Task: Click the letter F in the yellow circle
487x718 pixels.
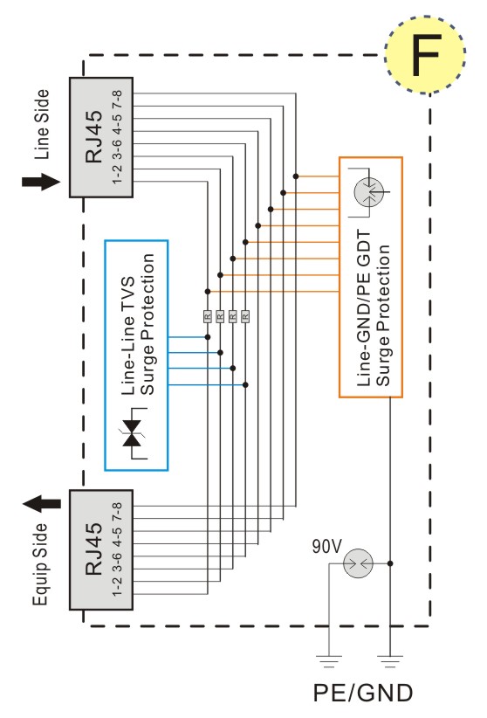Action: click(426, 55)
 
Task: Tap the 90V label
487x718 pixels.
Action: click(326, 546)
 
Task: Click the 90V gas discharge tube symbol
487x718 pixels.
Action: click(358, 563)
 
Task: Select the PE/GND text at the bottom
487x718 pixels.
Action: click(363, 693)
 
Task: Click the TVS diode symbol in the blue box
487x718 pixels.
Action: click(133, 432)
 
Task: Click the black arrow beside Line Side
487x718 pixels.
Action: click(41, 182)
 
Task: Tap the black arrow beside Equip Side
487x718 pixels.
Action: click(42, 504)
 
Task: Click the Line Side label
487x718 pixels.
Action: click(41, 125)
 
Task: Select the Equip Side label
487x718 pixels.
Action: click(40, 564)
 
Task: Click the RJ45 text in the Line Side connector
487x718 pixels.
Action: click(94, 136)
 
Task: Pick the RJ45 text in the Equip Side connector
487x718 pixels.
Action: click(94, 549)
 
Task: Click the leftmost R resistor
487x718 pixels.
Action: click(208, 316)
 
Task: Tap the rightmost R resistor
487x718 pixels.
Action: click(245, 316)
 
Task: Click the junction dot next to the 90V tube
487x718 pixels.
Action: click(390, 563)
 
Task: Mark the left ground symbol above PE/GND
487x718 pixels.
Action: click(329, 660)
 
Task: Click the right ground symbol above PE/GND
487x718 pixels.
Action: click(390, 660)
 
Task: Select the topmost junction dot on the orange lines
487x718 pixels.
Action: click(296, 176)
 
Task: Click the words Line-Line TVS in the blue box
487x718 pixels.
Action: click(128, 335)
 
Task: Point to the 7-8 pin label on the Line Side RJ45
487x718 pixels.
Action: click(117, 100)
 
